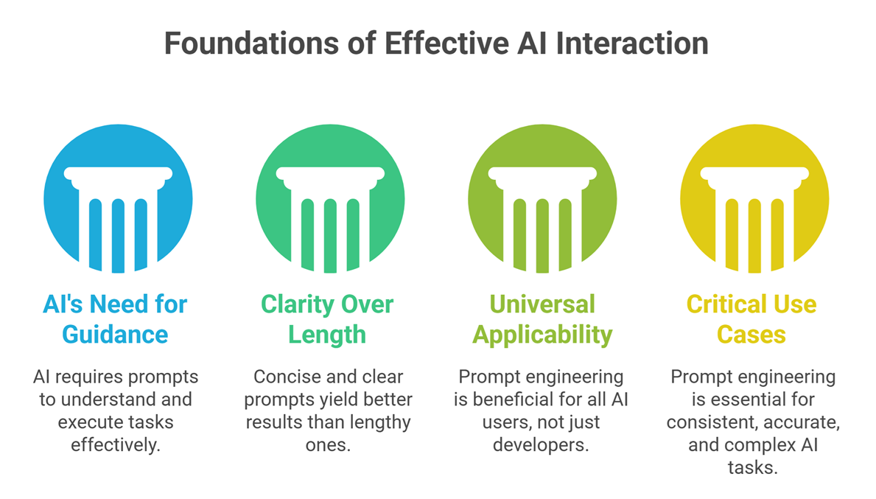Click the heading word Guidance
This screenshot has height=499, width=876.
click(x=115, y=335)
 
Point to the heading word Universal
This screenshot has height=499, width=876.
click(x=542, y=304)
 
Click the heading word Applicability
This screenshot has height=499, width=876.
click(x=542, y=335)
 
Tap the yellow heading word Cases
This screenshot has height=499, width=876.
click(x=752, y=335)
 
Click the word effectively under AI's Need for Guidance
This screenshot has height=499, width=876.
click(x=116, y=446)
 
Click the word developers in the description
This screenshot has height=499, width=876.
click(x=542, y=446)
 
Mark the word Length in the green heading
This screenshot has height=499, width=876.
click(x=327, y=335)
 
